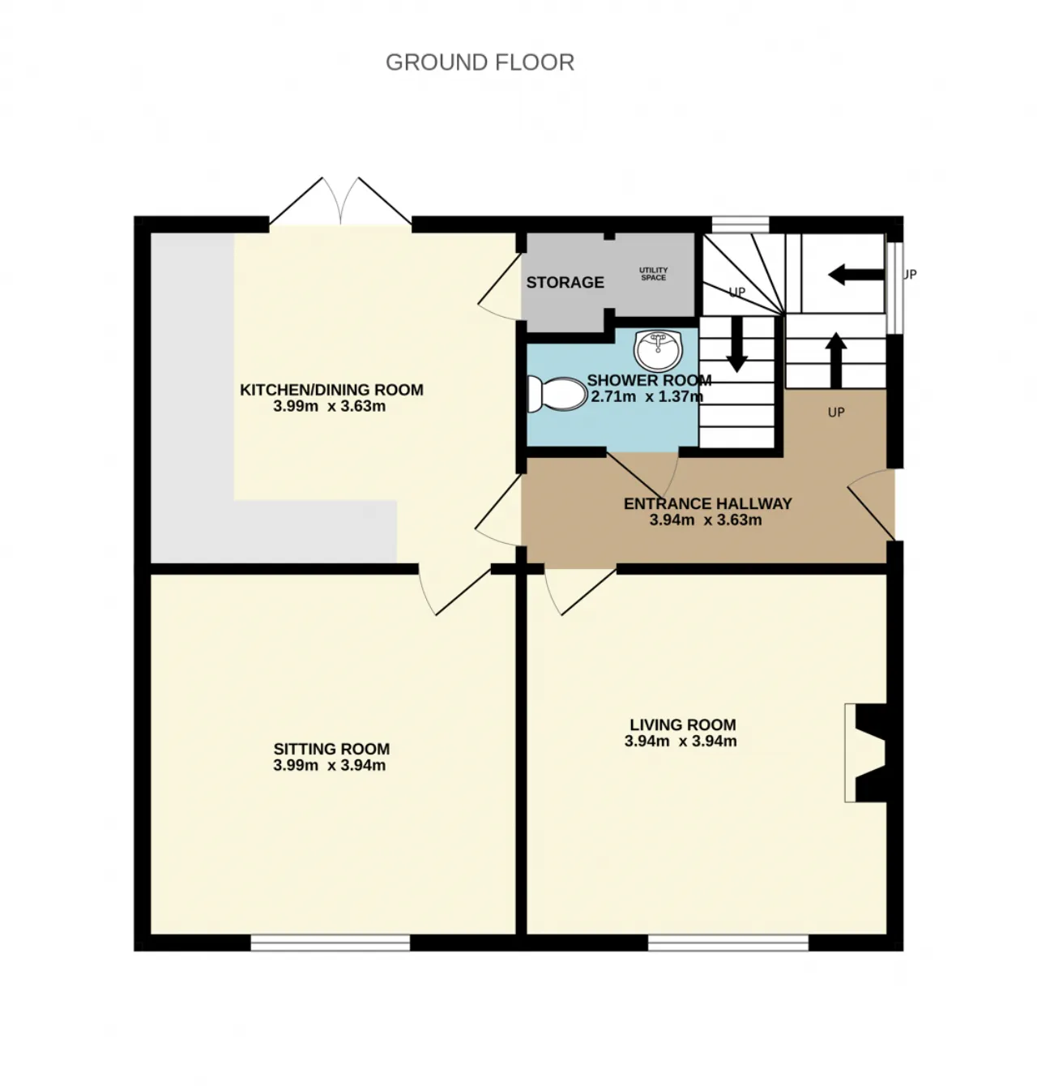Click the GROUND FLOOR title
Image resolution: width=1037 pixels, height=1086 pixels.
480,62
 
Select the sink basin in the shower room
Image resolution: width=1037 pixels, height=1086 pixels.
659,349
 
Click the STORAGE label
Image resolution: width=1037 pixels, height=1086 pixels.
565,282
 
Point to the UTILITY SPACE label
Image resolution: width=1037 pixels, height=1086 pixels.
653,274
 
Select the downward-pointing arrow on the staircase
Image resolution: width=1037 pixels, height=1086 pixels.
736,344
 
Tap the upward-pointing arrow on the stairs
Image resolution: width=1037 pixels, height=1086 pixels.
836,360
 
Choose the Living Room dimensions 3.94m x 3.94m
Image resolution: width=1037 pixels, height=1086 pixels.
681,741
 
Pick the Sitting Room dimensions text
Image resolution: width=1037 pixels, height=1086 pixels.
330,765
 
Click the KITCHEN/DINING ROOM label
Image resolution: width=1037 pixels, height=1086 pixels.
331,390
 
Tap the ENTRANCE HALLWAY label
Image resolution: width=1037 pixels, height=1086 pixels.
707,503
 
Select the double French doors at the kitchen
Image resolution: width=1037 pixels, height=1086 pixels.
340,203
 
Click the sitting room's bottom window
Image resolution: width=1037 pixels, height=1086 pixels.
330,942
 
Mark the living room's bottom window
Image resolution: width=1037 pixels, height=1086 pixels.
728,942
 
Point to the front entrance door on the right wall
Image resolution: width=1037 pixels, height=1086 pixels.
873,506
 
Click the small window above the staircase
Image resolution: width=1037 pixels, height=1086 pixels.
740,224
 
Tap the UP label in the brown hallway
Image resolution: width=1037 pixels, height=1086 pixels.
836,413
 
